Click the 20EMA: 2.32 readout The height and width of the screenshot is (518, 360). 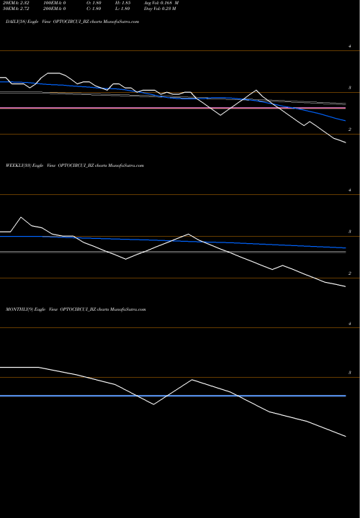[x=18, y=4]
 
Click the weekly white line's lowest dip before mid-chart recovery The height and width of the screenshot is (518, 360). [x=125, y=258]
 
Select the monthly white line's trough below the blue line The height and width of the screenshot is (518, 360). [x=154, y=404]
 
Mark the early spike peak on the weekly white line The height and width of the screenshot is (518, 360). [x=20, y=217]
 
